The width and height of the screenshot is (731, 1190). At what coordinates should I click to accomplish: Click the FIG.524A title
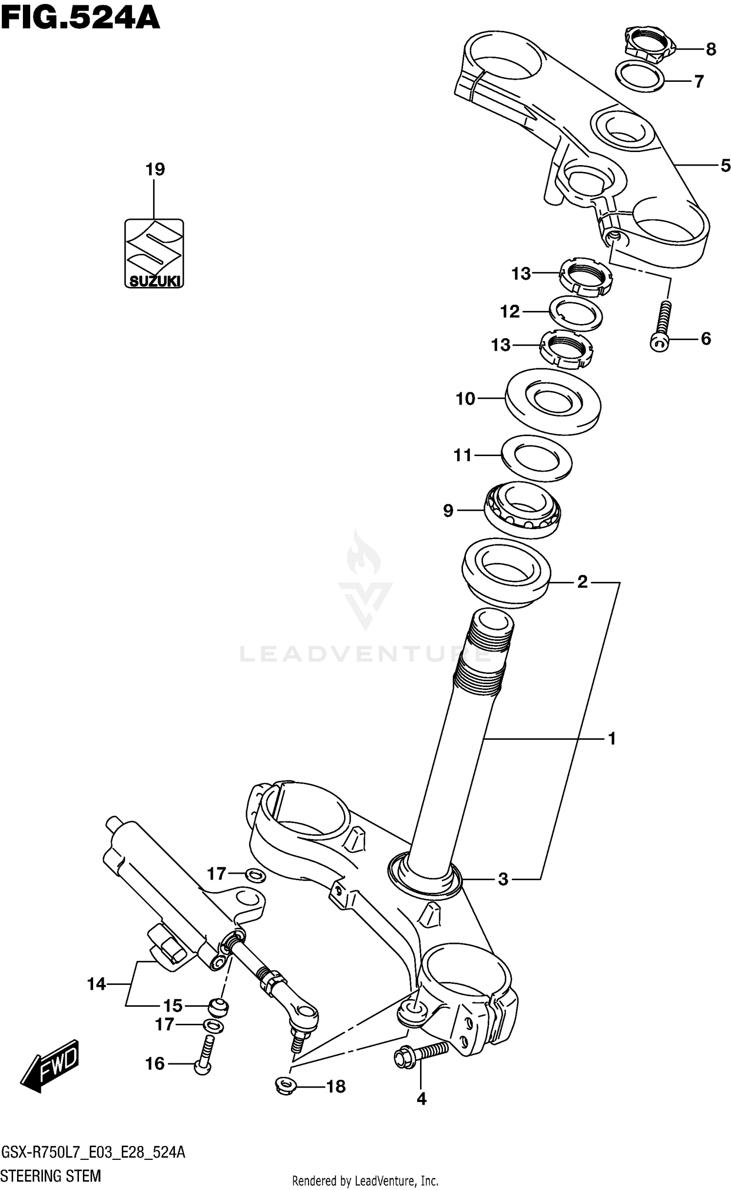click(80, 19)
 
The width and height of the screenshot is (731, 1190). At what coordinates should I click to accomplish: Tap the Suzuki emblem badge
click(154, 253)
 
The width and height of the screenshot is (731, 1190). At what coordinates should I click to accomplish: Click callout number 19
click(155, 169)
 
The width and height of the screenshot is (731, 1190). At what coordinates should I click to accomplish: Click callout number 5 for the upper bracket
click(725, 166)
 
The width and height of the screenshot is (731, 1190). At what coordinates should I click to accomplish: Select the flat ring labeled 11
click(536, 459)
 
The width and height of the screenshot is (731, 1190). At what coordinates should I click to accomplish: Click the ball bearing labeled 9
click(522, 509)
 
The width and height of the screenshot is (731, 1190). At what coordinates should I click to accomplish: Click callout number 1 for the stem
click(612, 739)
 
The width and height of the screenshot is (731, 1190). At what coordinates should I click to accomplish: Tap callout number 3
click(503, 879)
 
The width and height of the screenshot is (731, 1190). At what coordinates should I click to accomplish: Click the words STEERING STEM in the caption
click(51, 1176)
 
